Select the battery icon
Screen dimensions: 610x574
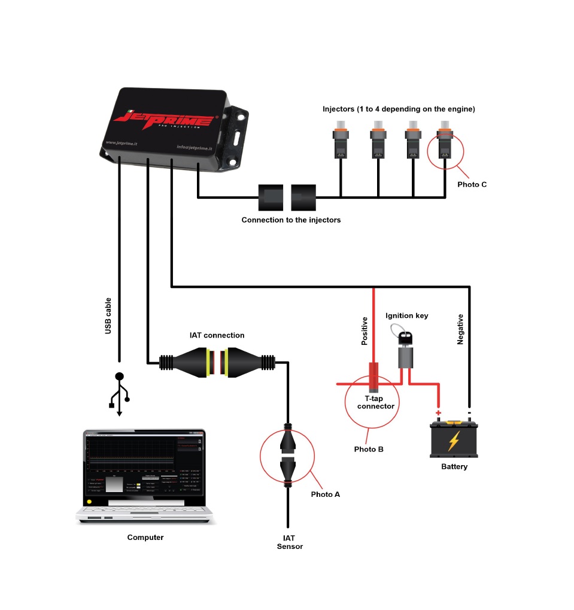(454, 438)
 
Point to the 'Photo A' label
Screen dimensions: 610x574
(325, 494)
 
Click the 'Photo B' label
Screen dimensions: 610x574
(369, 449)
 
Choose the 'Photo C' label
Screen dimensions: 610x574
(472, 184)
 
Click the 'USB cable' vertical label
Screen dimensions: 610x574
(108, 315)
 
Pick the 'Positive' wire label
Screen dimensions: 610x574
(364, 331)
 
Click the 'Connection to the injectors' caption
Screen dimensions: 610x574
(291, 220)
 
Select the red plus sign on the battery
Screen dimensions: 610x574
(438, 413)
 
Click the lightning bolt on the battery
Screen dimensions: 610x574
(454, 442)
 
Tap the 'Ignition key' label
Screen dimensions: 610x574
(406, 315)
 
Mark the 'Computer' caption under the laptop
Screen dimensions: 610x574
(145, 538)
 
